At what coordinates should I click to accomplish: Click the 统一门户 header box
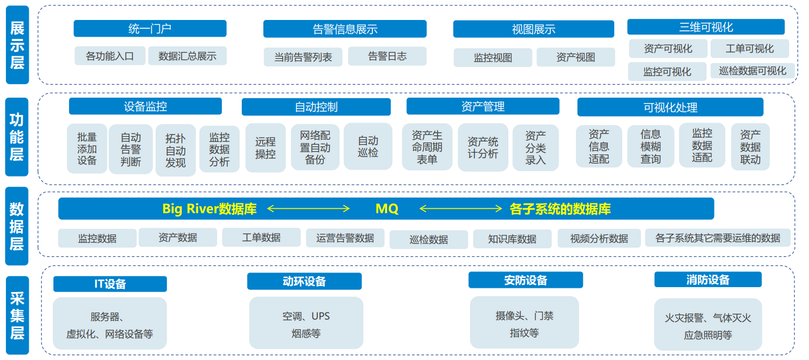tap(150, 29)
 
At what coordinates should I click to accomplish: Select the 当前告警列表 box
tap(303, 57)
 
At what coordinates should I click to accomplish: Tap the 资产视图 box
tap(575, 57)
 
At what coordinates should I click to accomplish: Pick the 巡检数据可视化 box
tap(752, 71)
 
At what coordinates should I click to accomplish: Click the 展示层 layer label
tap(17, 45)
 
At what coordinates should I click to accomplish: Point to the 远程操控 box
tap(265, 147)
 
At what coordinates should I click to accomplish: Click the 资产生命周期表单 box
tap(427, 147)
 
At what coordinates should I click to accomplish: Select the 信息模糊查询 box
tap(650, 146)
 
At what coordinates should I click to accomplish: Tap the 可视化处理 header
tap(670, 107)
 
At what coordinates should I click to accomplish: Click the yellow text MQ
tap(386, 209)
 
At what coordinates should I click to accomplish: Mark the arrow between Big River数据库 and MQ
tap(309, 209)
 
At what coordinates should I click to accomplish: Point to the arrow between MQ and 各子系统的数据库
tap(461, 209)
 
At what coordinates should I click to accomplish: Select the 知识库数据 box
tap(512, 239)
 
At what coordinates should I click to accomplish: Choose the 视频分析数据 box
tap(599, 239)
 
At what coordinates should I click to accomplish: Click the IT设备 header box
tap(110, 284)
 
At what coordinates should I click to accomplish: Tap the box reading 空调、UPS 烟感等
tap(306, 324)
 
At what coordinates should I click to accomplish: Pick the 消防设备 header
tap(708, 280)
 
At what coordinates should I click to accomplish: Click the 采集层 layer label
tap(17, 315)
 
